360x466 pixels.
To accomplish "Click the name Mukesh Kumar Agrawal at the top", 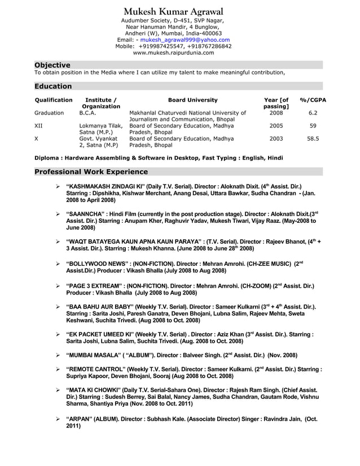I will click(x=173, y=12).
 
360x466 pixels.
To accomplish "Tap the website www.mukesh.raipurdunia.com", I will click(x=173, y=53).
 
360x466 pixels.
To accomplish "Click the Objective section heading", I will click(x=52, y=65).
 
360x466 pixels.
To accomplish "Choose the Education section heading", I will click(x=53, y=86).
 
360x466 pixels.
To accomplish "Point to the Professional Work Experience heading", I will click(x=91, y=172).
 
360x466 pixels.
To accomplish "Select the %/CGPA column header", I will click(x=313, y=100).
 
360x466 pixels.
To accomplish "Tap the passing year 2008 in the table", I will click(x=276, y=113).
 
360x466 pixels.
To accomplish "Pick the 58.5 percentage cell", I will click(x=313, y=138).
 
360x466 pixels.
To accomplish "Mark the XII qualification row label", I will click(x=38, y=126).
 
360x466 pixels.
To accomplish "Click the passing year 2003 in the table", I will click(x=276, y=138).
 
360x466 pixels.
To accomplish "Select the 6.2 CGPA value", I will click(x=313, y=113).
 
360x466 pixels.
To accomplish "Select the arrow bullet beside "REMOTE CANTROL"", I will click(x=58, y=370).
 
